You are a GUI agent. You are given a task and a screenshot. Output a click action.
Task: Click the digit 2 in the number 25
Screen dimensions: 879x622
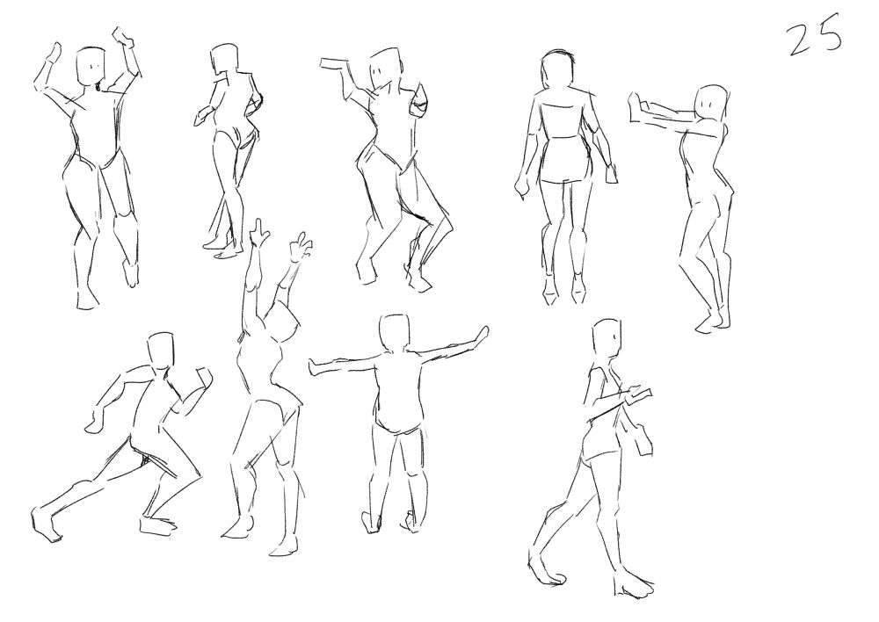(802, 40)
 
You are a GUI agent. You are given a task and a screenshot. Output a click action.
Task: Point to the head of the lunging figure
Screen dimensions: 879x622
(163, 351)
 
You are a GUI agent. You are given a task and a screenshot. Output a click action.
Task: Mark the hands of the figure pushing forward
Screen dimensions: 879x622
(636, 106)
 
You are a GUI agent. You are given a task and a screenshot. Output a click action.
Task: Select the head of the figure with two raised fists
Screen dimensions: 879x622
(91, 67)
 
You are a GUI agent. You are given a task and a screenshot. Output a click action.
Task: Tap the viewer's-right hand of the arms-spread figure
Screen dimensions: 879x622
(479, 334)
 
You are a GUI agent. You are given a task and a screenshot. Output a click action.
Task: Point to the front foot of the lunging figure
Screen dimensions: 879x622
(158, 526)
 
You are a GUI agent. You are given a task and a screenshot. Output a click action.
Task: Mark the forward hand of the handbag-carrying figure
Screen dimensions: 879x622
(639, 394)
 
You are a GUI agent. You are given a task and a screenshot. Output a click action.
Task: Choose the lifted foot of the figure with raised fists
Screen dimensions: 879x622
(130, 274)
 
